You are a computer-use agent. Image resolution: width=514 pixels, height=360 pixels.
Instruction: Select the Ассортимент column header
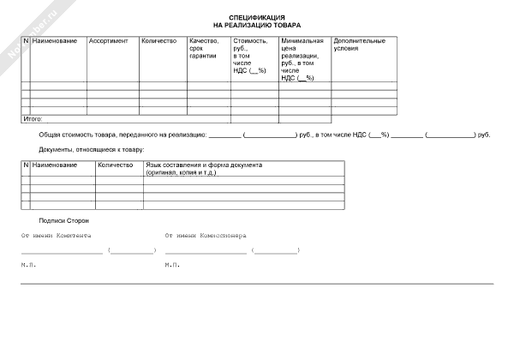click(x=109, y=41)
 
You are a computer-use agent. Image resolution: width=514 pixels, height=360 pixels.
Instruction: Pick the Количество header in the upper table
click(x=158, y=41)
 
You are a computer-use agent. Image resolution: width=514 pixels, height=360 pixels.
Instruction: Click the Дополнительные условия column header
click(x=353, y=45)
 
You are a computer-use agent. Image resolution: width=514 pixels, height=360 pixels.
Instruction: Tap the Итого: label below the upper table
click(x=32, y=119)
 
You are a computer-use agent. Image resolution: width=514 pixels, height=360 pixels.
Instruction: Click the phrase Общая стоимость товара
click(x=80, y=135)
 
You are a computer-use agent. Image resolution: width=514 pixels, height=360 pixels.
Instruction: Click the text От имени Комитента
click(x=57, y=235)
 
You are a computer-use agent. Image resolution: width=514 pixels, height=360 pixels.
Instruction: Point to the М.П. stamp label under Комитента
click(x=29, y=266)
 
